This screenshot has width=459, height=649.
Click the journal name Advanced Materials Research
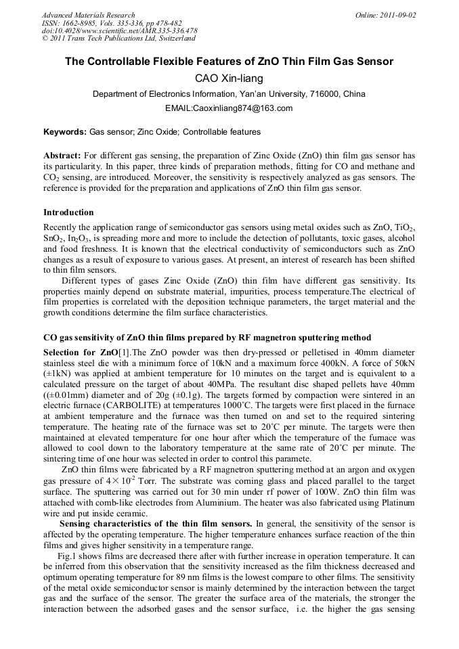88,15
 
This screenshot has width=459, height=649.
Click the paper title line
229,62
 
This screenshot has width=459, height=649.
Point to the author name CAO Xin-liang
229,79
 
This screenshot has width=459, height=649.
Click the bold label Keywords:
65,132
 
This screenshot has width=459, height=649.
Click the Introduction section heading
68,212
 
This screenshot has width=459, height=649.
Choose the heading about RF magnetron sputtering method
206,337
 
